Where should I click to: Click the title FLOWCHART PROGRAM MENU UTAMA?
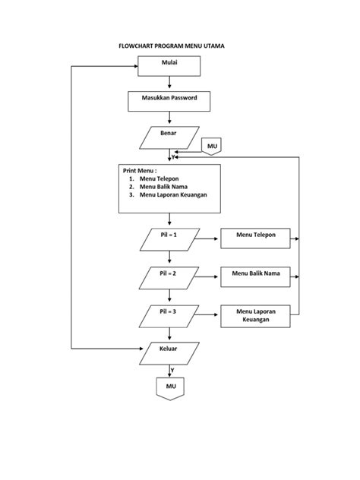[x=172, y=46]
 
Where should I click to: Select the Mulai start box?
[x=169, y=67]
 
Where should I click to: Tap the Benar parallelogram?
[x=169, y=137]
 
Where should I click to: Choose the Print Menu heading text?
[x=140, y=171]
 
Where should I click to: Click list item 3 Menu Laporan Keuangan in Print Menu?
[x=172, y=194]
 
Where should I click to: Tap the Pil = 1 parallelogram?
[x=169, y=240]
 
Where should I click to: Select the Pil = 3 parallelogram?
[x=169, y=314]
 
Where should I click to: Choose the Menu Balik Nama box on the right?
[x=256, y=276]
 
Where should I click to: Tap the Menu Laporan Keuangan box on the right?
[x=256, y=316]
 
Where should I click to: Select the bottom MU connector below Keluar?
[x=169, y=389]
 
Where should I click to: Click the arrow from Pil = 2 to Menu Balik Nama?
[x=208, y=276]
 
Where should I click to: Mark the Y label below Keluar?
[x=172, y=371]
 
